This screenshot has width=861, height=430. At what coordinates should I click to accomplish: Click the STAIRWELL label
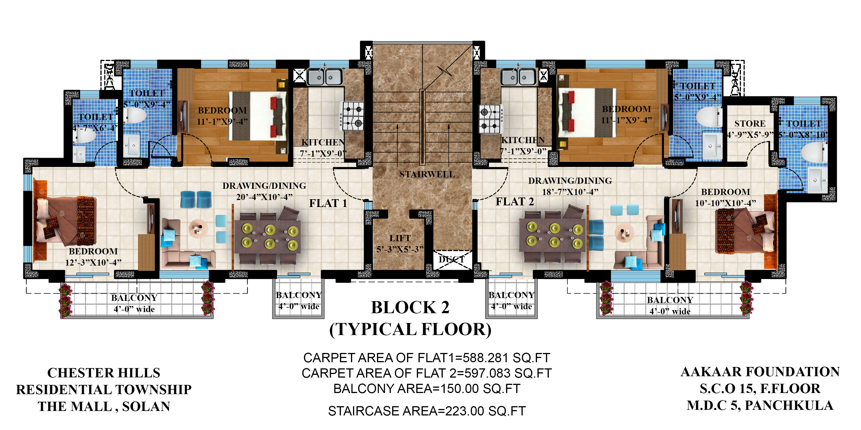pos(427,174)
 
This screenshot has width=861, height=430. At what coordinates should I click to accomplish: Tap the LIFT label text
pos(400,238)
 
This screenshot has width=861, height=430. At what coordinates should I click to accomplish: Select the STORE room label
pos(750,124)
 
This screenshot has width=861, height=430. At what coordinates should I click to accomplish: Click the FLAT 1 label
pos(328,203)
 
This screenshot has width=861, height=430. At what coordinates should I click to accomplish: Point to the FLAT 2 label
pos(515,201)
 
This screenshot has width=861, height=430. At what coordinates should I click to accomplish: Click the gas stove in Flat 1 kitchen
pos(352,116)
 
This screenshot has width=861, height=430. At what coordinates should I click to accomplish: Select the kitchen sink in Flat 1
pos(325,76)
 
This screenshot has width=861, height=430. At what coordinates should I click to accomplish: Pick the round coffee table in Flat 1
pos(198,229)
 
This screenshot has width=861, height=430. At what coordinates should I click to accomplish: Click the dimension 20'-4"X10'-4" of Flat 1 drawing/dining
pos(264,197)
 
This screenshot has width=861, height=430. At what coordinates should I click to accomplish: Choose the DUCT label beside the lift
pos(452,259)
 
